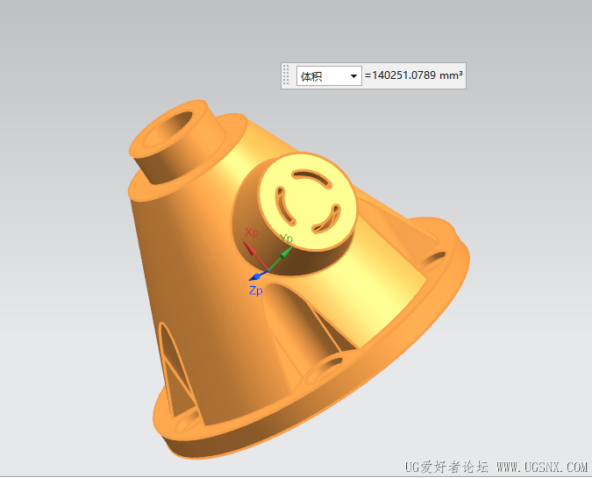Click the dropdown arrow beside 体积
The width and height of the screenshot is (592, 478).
(353, 76)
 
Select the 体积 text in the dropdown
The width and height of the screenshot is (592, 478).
(311, 76)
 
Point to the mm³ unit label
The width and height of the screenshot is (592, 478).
(451, 75)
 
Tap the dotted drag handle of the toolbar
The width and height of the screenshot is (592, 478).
(286, 75)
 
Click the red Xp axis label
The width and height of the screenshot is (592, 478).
(252, 232)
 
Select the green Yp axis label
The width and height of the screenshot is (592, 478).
(286, 239)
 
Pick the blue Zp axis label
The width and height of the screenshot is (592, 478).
(255, 290)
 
